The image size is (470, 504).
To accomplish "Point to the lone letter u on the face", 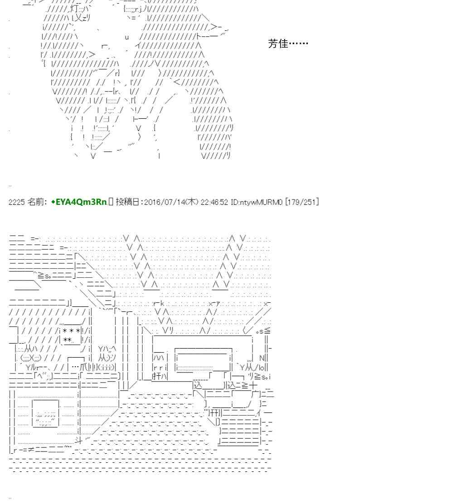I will point(127,37).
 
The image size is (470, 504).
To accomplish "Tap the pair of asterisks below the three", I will point(68,340).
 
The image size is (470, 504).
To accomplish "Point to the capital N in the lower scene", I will point(262,358).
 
